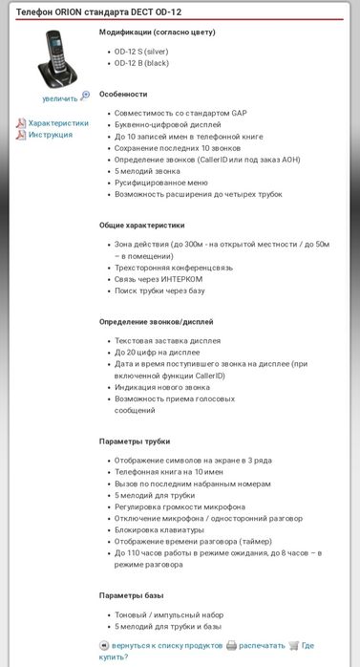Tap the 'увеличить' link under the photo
pyautogui.click(x=60, y=97)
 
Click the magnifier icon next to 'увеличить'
pyautogui.click(x=86, y=97)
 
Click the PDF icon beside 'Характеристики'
pyautogui.click(x=21, y=123)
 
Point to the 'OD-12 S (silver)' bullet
pyautogui.click(x=141, y=51)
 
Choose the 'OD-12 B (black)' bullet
pyautogui.click(x=140, y=63)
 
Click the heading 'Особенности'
pyautogui.click(x=123, y=94)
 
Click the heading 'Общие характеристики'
pyautogui.click(x=141, y=226)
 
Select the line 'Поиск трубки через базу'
pyautogui.click(x=159, y=290)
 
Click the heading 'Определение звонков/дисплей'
pyautogui.click(x=157, y=322)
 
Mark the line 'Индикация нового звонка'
pyautogui.click(x=162, y=387)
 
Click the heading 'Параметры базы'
pyautogui.click(x=133, y=595)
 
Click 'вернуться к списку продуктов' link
pyautogui.click(x=166, y=645)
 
